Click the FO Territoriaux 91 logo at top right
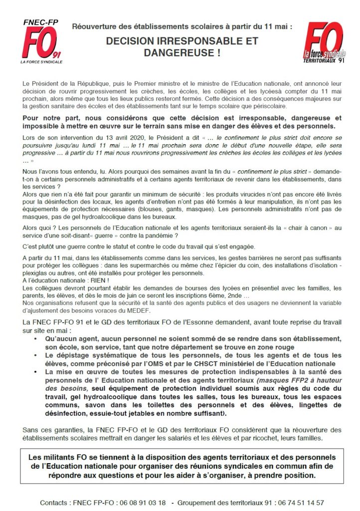coord(325,42)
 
